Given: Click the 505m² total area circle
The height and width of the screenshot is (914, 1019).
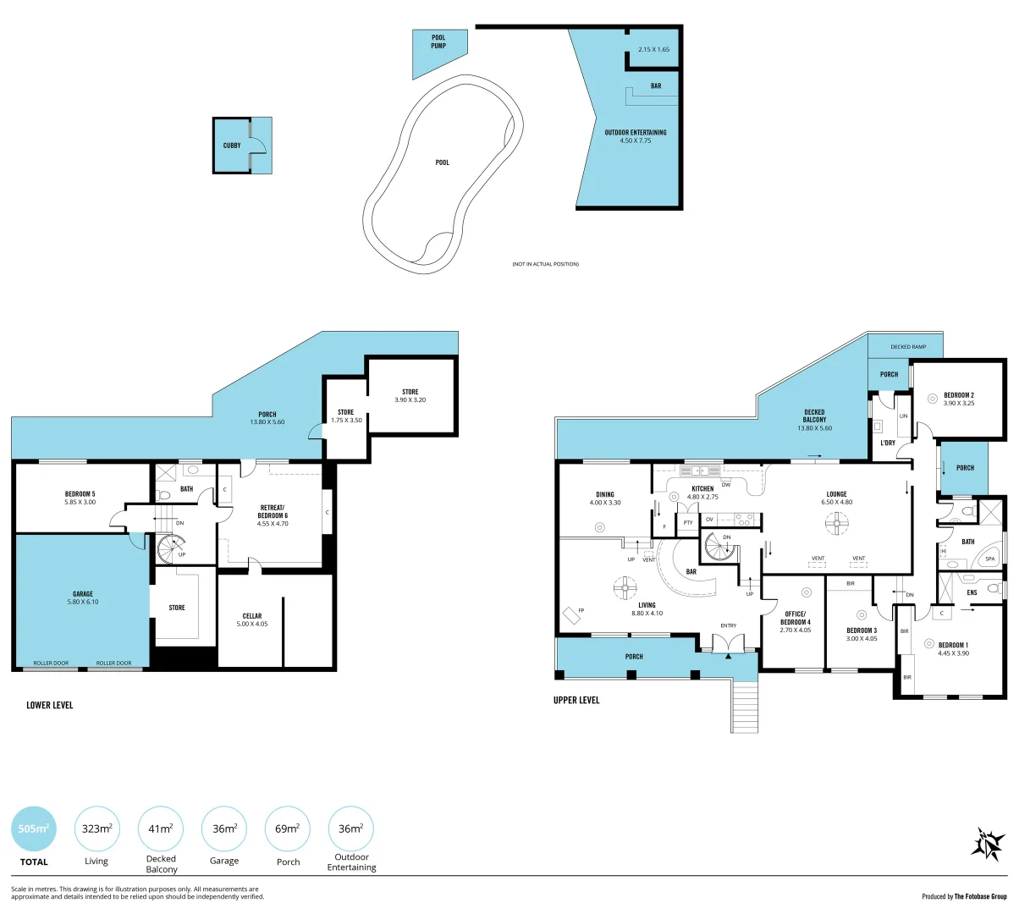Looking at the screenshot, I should [34, 829].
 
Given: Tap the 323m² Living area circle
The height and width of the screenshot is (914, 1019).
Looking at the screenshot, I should [96, 829].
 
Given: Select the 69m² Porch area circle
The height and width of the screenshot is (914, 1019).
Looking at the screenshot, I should [288, 829].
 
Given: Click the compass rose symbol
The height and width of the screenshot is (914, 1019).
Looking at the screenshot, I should [987, 844].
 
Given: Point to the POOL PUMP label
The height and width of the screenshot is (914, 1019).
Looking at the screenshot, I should [438, 41].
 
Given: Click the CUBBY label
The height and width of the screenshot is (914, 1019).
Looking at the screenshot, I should [232, 146].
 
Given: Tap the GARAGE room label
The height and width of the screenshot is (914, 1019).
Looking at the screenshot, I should [83, 594].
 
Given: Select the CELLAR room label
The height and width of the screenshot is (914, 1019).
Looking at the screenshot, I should [252, 616].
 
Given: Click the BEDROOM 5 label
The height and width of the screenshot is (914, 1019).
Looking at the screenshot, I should [80, 494].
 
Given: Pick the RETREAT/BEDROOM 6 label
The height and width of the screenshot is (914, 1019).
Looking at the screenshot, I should [273, 512].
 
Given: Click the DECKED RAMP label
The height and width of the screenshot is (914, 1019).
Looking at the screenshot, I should [908, 347].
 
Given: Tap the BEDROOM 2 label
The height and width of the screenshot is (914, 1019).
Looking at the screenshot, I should [959, 395].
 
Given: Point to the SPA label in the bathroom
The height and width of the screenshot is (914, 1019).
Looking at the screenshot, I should [990, 559].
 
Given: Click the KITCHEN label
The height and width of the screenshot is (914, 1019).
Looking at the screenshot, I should [702, 488].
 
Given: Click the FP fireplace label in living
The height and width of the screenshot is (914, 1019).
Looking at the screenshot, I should [581, 610].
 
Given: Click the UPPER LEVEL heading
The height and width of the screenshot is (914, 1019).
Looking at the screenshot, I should [576, 700].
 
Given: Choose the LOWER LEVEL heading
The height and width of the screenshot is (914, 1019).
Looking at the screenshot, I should [50, 705].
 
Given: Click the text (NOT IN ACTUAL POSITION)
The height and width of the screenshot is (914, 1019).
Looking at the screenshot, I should [545, 264].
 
